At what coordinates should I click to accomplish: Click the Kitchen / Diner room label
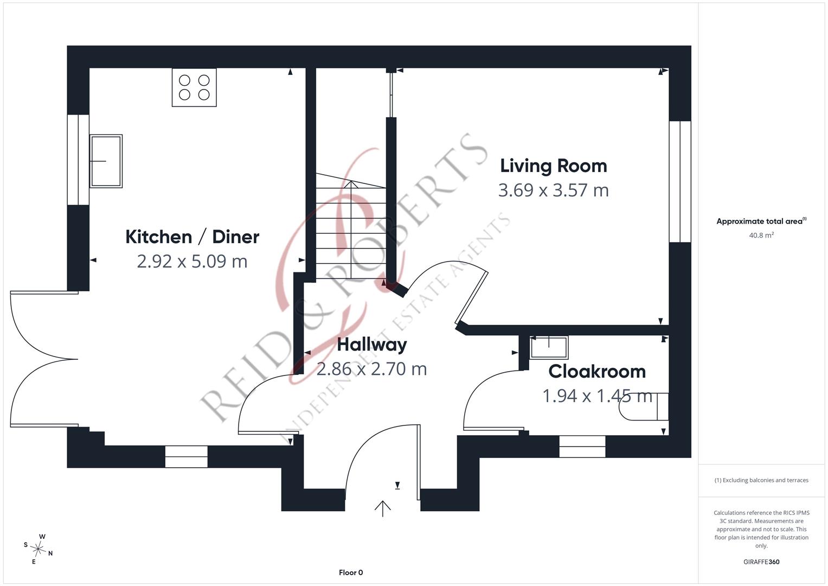[x=192, y=237]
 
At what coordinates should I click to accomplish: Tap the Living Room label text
[x=553, y=165]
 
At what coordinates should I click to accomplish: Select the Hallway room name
[x=372, y=345]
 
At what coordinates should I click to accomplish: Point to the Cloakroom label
[x=597, y=372]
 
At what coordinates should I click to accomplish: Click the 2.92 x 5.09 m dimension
[x=192, y=262]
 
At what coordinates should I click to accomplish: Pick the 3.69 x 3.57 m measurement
[x=553, y=190]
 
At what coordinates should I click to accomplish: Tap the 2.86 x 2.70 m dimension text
[x=372, y=369]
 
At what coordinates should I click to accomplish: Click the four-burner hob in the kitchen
[x=194, y=88]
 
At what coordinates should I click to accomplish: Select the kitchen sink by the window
[x=106, y=161]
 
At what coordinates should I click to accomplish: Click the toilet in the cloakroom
[x=644, y=406]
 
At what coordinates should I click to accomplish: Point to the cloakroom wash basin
[x=549, y=347]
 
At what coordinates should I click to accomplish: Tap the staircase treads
[x=351, y=226]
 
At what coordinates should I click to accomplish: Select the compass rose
[x=38, y=549]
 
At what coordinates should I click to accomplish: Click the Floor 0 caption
[x=351, y=572]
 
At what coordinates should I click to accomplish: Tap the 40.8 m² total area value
[x=761, y=235]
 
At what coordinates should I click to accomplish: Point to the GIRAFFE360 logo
[x=761, y=562]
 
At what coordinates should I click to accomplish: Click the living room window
[x=680, y=182]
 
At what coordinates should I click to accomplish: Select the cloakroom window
[x=582, y=447]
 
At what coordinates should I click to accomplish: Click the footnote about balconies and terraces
[x=761, y=480]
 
